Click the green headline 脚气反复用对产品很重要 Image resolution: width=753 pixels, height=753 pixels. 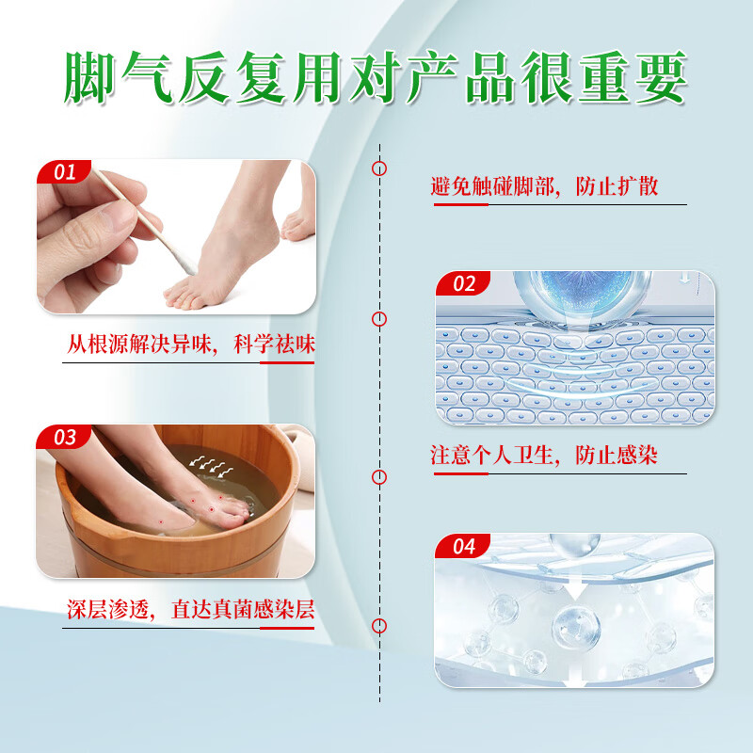[x=376, y=78]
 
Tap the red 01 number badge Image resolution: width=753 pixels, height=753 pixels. [x=64, y=172]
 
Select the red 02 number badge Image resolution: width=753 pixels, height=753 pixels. [x=464, y=283]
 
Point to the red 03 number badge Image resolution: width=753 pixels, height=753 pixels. [x=64, y=437]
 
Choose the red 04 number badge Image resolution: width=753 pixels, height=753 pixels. [x=464, y=546]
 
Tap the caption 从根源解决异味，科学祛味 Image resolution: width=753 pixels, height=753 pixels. [x=190, y=344]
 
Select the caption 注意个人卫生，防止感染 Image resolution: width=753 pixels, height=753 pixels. [x=544, y=456]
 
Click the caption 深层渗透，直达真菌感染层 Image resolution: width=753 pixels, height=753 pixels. [x=190, y=609]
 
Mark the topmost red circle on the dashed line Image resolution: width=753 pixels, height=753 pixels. [x=379, y=169]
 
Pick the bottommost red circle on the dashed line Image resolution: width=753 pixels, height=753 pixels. [x=379, y=626]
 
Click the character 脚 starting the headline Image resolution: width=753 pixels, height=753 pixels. [x=90, y=78]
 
